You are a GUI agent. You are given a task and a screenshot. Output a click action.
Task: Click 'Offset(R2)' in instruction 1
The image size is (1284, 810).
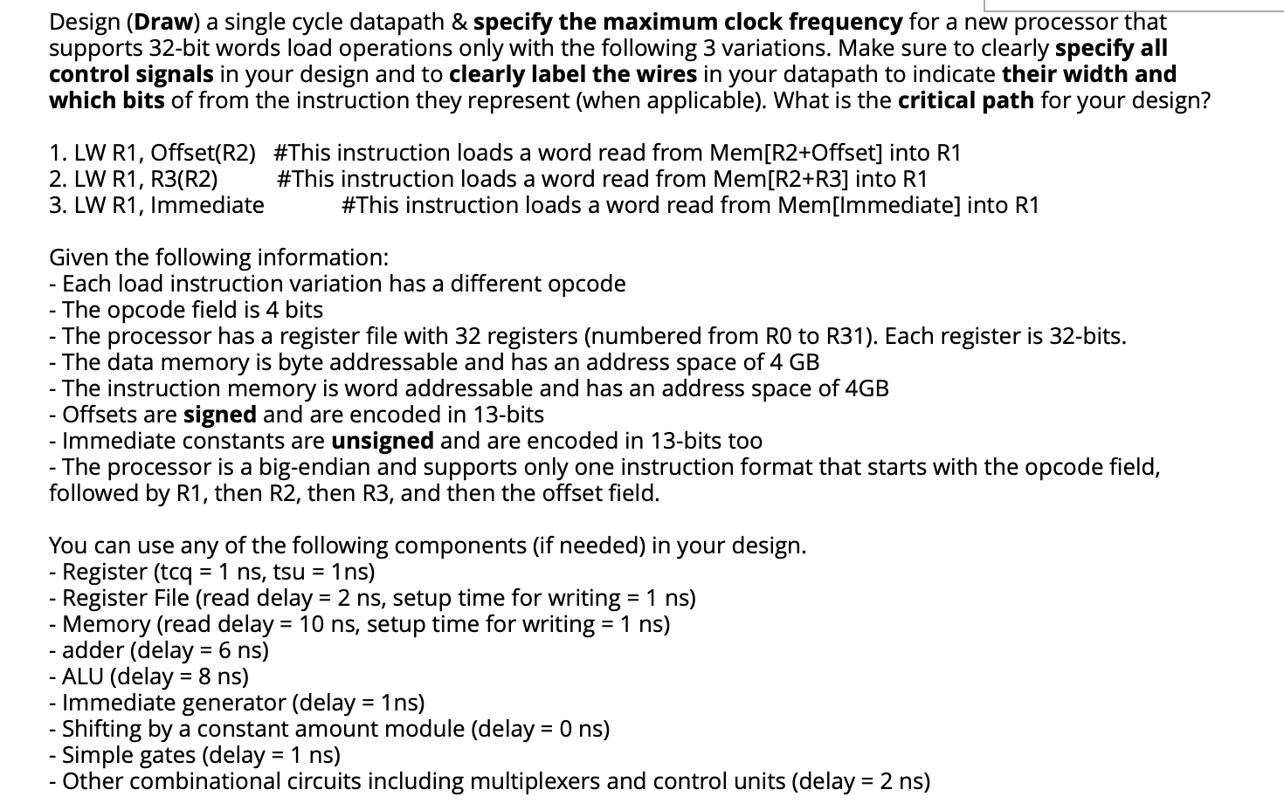(204, 153)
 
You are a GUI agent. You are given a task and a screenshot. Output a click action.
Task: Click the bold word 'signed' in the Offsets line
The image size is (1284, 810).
(219, 415)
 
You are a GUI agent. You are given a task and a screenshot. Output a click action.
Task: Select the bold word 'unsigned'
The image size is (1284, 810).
(383, 441)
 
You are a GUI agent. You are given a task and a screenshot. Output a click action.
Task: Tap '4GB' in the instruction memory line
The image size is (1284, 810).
(867, 388)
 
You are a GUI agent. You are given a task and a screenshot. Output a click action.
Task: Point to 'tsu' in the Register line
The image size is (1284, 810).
(288, 572)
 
